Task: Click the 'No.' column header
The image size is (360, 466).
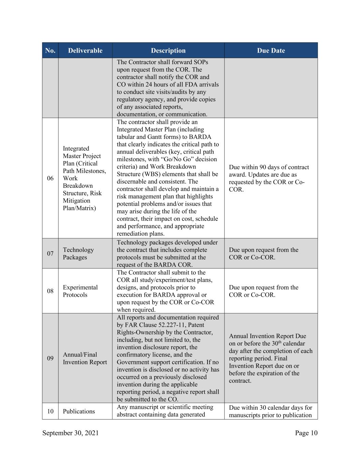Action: click(50, 51)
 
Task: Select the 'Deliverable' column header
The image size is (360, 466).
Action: click(85, 51)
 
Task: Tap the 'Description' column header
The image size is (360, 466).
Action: click(168, 51)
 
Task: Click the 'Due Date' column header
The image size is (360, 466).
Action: click(271, 51)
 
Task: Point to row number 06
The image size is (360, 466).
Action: click(50, 178)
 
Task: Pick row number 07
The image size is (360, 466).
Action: click(50, 253)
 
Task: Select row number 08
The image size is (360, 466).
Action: click(50, 291)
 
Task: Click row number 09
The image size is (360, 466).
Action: click(50, 358)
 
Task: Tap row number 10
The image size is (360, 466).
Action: click(50, 411)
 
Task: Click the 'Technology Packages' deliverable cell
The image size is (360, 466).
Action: click(78, 253)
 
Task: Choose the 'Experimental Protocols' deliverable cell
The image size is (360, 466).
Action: click(80, 291)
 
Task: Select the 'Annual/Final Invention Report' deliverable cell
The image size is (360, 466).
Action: click(85, 358)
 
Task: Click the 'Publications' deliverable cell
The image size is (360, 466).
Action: click(79, 411)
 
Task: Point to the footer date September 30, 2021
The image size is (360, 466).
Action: click(71, 433)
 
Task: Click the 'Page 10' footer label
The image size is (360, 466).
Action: click(306, 433)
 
